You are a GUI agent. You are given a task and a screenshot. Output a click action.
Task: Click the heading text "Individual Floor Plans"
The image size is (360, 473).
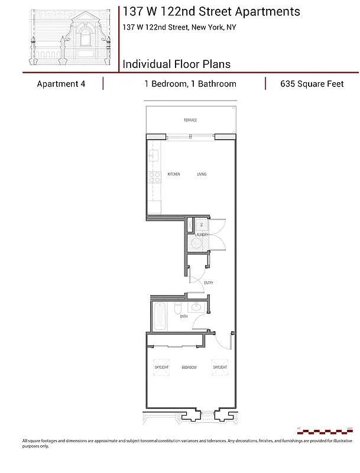[x=176, y=64]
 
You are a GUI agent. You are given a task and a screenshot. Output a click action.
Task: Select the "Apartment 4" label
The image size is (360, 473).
[x=61, y=84]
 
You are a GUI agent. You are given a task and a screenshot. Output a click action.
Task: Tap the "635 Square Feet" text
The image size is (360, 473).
[x=312, y=84]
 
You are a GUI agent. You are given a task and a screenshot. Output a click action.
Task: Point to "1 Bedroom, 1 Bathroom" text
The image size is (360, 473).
[x=190, y=84]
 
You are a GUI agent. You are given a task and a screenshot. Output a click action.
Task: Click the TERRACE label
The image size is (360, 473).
[x=190, y=120]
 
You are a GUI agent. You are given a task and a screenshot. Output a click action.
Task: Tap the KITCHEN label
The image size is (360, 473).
[x=174, y=174]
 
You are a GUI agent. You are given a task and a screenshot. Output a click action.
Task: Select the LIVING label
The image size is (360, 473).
[x=202, y=174]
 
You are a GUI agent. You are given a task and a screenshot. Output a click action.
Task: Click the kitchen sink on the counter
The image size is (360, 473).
[x=153, y=156]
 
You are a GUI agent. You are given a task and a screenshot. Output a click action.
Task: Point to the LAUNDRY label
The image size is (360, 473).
[x=201, y=235]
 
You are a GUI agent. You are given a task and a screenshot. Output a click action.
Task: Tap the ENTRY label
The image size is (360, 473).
[x=209, y=283]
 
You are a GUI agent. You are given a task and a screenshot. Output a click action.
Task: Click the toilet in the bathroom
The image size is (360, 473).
[x=177, y=309]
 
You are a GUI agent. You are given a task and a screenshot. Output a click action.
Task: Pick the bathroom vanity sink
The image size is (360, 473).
[x=196, y=307]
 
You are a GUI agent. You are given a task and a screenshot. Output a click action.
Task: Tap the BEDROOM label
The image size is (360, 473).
[x=189, y=368]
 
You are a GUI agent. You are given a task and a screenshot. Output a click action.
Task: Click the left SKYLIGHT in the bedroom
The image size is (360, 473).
[x=161, y=367]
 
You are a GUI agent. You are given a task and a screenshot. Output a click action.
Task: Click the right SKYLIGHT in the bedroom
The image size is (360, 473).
[x=220, y=367]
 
